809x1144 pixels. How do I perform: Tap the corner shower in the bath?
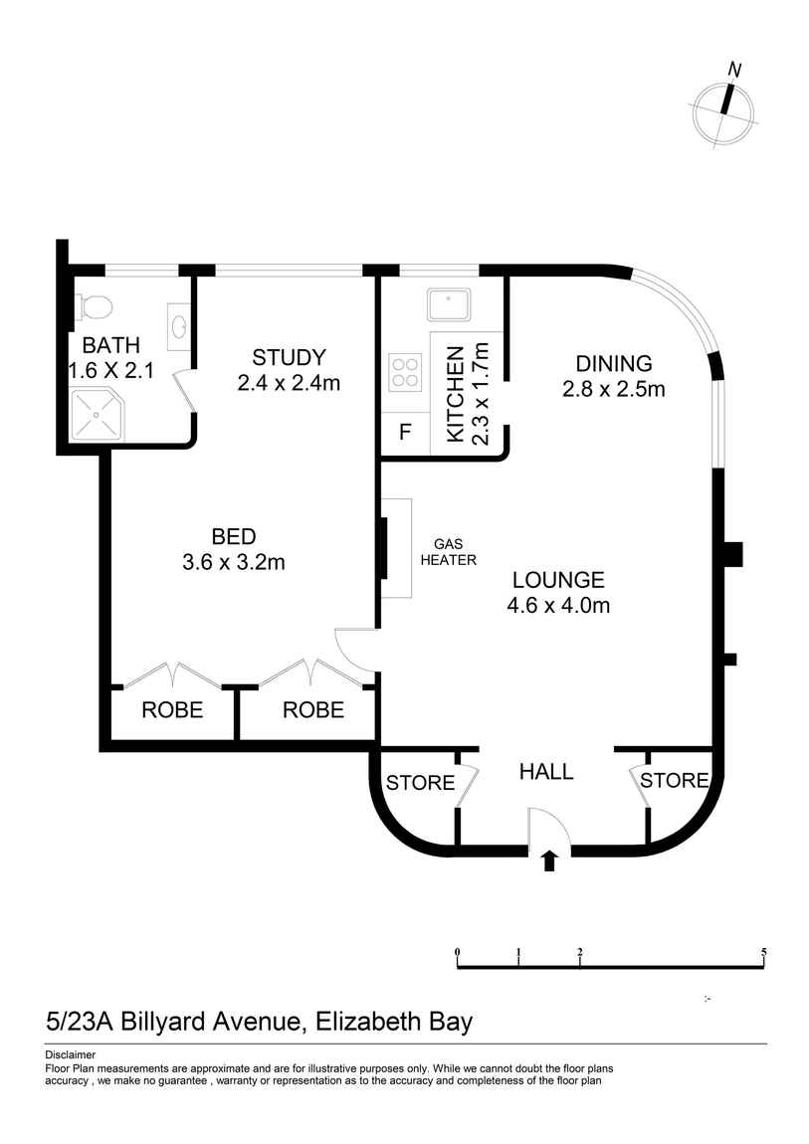click(x=97, y=415)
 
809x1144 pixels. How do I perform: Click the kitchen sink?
click(x=449, y=305)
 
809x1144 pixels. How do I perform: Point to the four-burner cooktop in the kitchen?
click(x=404, y=371)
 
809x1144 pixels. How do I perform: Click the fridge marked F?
click(x=406, y=433)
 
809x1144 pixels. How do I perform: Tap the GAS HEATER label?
click(x=448, y=552)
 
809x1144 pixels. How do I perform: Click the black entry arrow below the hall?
click(x=550, y=860)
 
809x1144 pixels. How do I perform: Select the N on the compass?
click(x=734, y=70)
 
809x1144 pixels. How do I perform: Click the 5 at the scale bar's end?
click(x=764, y=952)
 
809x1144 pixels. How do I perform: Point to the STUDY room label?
click(x=289, y=357)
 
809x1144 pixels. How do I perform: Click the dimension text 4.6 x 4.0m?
click(x=558, y=605)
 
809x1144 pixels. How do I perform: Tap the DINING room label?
click(x=614, y=363)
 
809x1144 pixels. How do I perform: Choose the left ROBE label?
click(x=172, y=710)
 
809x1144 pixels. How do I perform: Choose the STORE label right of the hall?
click(x=674, y=781)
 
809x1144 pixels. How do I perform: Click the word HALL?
click(x=546, y=772)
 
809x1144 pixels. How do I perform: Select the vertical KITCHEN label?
click(x=455, y=394)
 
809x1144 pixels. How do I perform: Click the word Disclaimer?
click(x=70, y=1054)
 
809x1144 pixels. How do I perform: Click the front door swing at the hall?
click(x=548, y=829)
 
